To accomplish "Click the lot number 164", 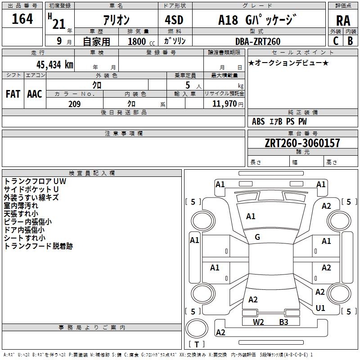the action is click(x=22, y=19).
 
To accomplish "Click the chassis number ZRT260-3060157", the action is click(x=302, y=143).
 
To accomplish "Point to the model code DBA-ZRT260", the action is click(x=257, y=41).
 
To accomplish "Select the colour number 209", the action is click(x=74, y=104).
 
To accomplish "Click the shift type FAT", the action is click(x=13, y=94).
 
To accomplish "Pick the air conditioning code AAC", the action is click(x=34, y=94).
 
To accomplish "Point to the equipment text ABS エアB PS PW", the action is click(x=279, y=121).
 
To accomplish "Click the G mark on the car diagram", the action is click(x=257, y=237).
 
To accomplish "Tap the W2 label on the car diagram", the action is click(x=258, y=322).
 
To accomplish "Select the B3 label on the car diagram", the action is click(x=283, y=322).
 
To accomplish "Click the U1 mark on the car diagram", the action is click(x=320, y=308).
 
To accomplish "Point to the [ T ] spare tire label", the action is click(x=197, y=345).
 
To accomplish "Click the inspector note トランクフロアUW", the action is click(x=35, y=181).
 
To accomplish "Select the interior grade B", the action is click(x=350, y=40).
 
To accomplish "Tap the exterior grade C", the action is click(x=336, y=40).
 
